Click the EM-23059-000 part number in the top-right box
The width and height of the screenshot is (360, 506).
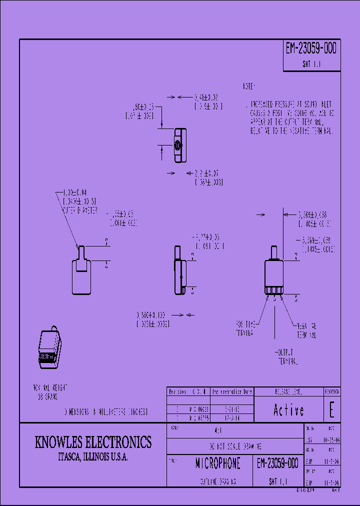pyautogui.click(x=311, y=49)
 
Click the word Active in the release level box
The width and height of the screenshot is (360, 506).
pyautogui.click(x=288, y=410)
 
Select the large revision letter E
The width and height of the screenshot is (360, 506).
pyautogui.click(x=331, y=410)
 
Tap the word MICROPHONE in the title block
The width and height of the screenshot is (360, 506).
pyautogui.click(x=217, y=463)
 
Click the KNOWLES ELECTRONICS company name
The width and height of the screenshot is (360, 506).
pyautogui.click(x=93, y=442)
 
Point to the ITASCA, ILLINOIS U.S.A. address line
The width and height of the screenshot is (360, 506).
pyautogui.click(x=93, y=458)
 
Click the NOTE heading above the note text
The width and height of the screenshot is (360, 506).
pyautogui.click(x=249, y=86)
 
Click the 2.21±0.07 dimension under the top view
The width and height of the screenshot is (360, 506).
pyautogui.click(x=207, y=173)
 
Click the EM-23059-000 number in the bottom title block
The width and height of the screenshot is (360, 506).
pyautogui.click(x=277, y=463)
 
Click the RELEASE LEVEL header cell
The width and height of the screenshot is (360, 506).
pyautogui.click(x=288, y=391)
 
